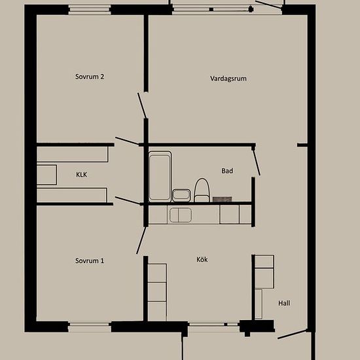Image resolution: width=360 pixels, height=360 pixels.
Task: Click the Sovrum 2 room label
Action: tap(90, 77)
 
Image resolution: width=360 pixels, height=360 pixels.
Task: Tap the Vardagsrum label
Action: tap(228, 79)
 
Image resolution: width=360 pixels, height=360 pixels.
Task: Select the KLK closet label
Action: tap(82, 175)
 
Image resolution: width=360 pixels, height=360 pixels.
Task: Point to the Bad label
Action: tap(227, 171)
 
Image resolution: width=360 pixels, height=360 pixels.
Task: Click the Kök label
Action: tap(202, 259)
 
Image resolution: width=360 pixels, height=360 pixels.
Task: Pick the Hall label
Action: tap(284, 303)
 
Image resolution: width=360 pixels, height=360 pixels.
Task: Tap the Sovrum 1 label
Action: tap(90, 261)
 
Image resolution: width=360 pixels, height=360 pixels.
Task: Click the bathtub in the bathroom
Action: tap(160, 176)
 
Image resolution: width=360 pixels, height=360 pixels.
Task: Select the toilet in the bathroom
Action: tap(202, 190)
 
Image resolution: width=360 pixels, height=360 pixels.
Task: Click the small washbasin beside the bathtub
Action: tap(181, 195)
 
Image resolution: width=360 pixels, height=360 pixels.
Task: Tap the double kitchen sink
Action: tap(181, 215)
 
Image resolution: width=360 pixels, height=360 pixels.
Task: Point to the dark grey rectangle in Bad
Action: tap(223, 199)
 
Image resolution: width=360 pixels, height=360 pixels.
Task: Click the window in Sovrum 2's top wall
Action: tap(90, 10)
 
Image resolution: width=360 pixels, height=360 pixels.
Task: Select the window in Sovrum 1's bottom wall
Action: tap(90, 327)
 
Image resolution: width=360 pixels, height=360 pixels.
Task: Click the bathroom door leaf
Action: tap(256, 162)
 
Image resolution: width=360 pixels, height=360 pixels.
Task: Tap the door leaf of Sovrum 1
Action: tap(141, 240)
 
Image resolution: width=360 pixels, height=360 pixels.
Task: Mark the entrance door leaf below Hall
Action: tap(292, 334)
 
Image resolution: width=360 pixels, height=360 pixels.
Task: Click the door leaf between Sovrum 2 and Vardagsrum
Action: tap(141, 105)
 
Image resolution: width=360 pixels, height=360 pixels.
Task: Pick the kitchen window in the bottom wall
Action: tap(213, 325)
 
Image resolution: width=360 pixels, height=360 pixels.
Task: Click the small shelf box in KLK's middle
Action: tap(47, 175)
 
